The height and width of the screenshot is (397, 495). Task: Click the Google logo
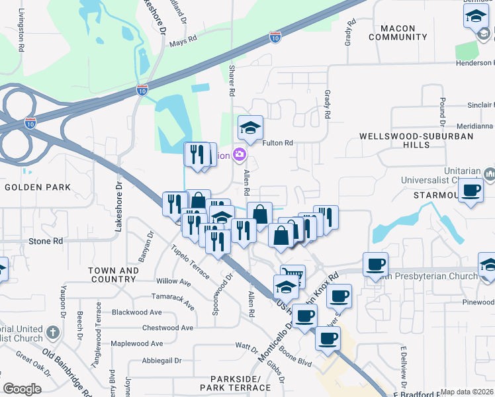(x=22, y=389)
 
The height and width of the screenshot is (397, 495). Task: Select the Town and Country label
(x=114, y=275)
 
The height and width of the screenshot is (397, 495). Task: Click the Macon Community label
(x=398, y=32)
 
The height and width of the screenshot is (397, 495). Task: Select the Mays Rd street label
(x=183, y=40)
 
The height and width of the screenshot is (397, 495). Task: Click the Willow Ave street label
(x=173, y=282)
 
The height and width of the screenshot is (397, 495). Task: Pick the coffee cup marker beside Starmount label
(x=471, y=191)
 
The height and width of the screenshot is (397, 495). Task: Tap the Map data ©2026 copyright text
(x=467, y=392)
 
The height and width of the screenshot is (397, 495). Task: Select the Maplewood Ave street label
(x=136, y=343)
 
